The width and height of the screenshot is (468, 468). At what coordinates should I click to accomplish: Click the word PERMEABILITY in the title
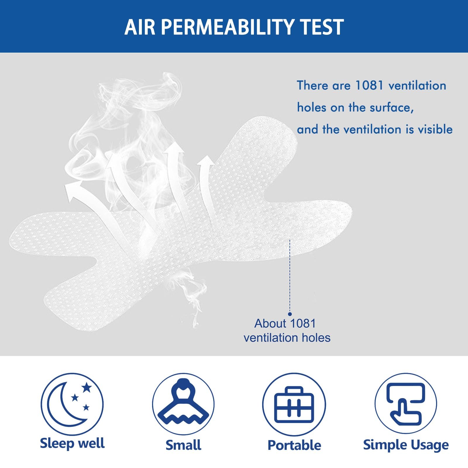227,27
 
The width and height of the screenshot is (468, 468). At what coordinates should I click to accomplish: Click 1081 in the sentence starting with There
369,85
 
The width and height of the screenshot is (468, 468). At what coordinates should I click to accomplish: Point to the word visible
436,129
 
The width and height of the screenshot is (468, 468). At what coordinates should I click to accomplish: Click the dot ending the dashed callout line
290,314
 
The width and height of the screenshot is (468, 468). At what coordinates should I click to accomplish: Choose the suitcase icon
294,405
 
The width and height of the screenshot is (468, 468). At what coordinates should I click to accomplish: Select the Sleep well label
72,443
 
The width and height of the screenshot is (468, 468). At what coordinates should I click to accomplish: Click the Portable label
294,445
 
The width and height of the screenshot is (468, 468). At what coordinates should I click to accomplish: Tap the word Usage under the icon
430,445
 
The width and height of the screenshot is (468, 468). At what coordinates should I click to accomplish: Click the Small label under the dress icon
183,445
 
